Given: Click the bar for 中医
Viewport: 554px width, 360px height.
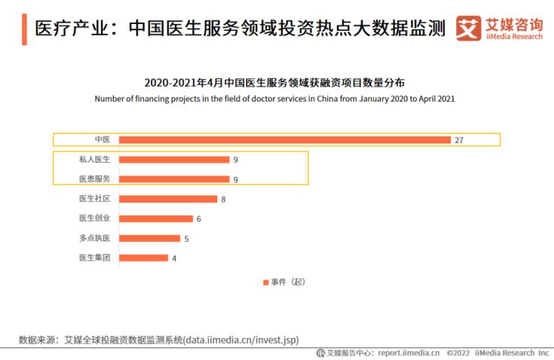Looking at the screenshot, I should click(285, 139).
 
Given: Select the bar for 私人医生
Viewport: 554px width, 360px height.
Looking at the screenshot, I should click(174, 160).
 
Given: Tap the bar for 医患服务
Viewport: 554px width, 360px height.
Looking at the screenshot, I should click(174, 179).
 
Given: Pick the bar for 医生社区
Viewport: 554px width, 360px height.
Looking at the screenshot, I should click(168, 199).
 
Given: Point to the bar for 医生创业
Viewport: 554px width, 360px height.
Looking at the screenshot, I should click(156, 218).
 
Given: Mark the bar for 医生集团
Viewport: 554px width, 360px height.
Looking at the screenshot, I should click(143, 258).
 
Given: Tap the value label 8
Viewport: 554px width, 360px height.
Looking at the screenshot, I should click(223, 200).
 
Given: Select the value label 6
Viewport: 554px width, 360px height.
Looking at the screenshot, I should click(199, 219).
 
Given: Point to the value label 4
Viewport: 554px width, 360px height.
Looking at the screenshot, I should click(174, 258).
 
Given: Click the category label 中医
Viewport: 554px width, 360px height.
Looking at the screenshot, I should click(103, 139).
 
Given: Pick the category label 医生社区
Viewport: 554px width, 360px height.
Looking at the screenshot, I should click(95, 199).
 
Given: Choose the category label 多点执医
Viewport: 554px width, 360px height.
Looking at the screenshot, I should click(95, 238).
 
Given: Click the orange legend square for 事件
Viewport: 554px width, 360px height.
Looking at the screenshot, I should click(265, 282).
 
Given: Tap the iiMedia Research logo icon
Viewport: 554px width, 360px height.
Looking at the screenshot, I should click(468, 29).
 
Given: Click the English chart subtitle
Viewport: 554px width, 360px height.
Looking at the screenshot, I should click(274, 99).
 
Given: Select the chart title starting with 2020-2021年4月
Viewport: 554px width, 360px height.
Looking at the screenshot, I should click(274, 82).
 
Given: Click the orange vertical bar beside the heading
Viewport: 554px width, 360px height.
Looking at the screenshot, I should click(25, 29).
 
